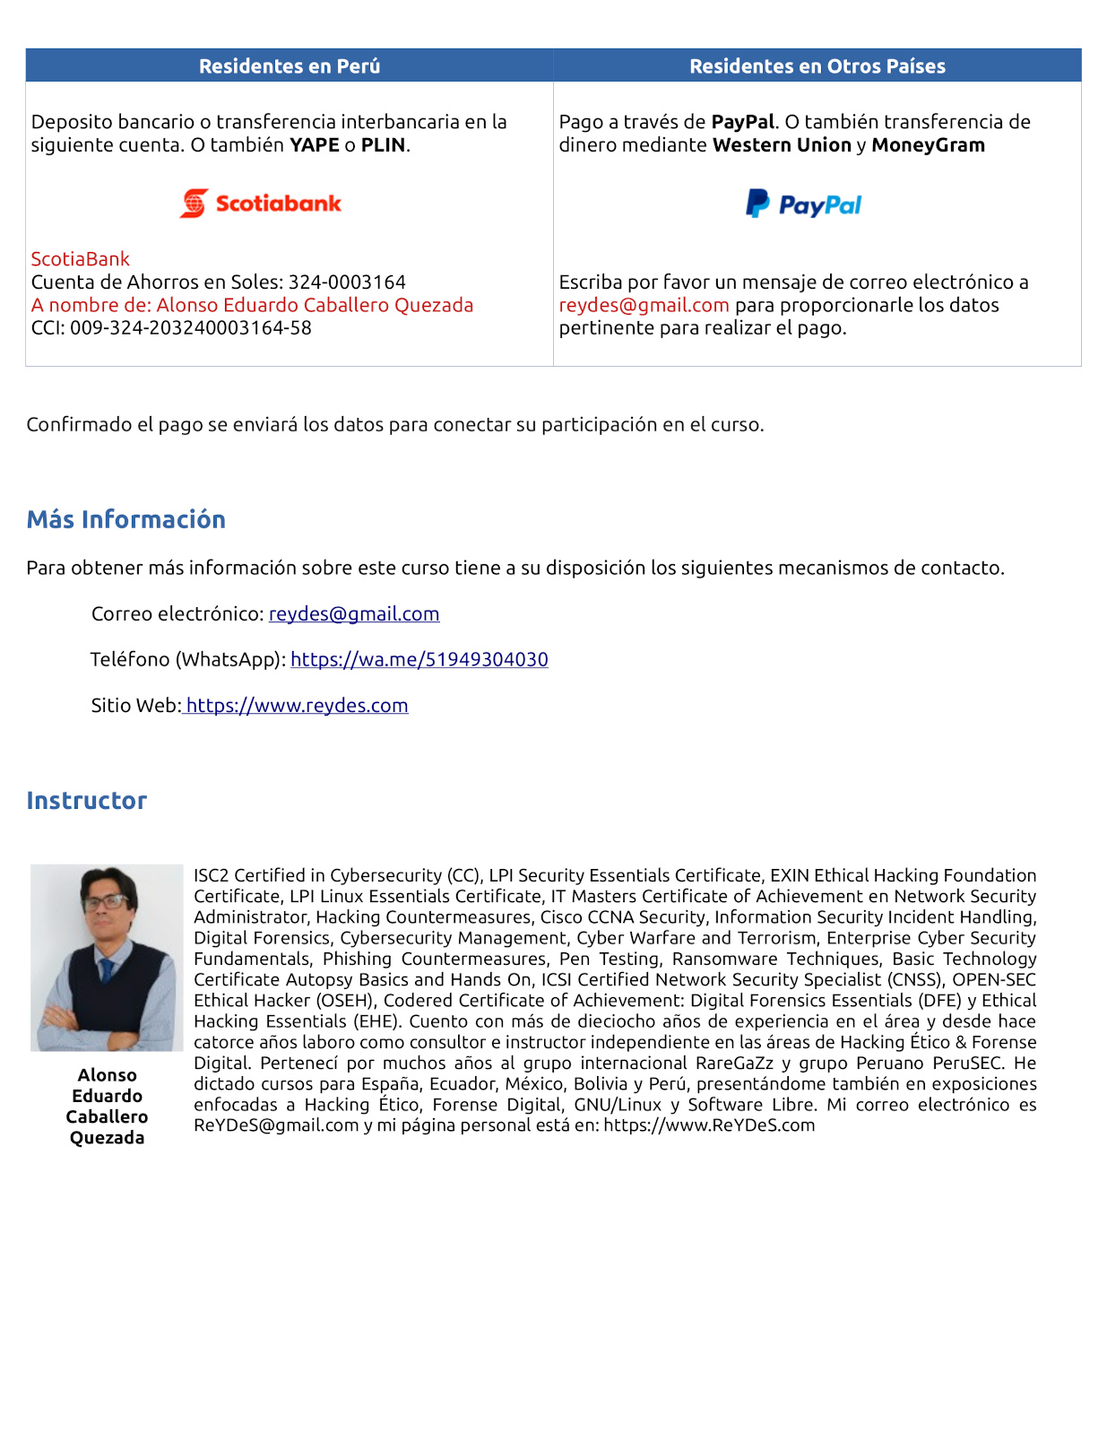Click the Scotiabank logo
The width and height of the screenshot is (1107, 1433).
(x=261, y=204)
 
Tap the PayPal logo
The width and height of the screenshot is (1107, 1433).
(x=803, y=204)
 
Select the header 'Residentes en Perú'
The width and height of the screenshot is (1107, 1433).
(x=290, y=66)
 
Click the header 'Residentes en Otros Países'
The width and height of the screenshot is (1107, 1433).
(x=817, y=66)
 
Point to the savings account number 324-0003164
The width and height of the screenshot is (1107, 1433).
(x=347, y=282)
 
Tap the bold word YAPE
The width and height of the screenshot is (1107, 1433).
(x=314, y=145)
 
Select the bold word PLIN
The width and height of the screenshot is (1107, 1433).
(x=384, y=145)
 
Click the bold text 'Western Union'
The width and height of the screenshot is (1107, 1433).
(x=782, y=145)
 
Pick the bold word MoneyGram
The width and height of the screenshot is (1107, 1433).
(x=928, y=145)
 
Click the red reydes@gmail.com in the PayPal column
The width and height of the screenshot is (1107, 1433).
(x=644, y=306)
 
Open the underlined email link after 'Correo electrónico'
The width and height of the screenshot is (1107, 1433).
(x=354, y=614)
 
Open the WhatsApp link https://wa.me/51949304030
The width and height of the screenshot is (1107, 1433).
(x=419, y=660)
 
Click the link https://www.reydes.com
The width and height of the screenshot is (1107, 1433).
(x=297, y=706)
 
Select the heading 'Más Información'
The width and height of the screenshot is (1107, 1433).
(x=126, y=520)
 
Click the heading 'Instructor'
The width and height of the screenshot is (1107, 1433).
(x=87, y=801)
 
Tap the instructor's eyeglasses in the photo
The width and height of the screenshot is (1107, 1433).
(x=105, y=901)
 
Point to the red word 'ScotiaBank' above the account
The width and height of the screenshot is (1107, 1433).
(x=81, y=259)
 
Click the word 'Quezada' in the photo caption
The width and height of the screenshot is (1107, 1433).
(x=107, y=1138)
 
